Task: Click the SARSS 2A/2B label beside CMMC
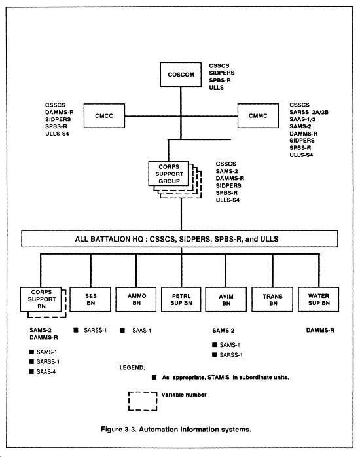(x=309, y=112)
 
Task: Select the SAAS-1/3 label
(x=302, y=119)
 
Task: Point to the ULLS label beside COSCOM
(x=217, y=88)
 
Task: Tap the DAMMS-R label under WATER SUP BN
(x=320, y=330)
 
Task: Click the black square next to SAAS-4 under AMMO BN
(x=122, y=330)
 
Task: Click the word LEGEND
(x=132, y=367)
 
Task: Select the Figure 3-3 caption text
(x=176, y=430)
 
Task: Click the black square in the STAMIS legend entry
(x=154, y=377)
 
